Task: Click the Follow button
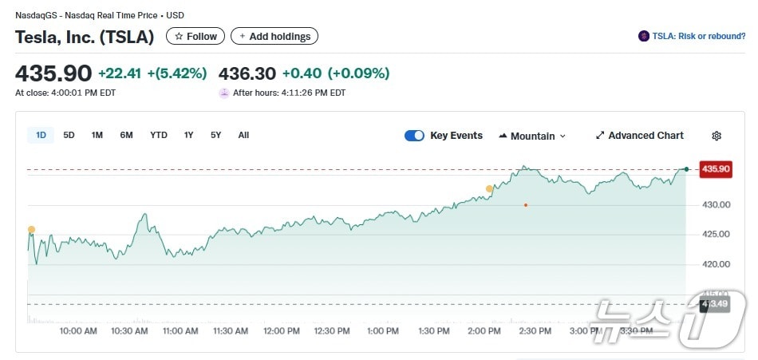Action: (195, 36)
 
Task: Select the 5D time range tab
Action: (69, 135)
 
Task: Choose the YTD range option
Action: (159, 135)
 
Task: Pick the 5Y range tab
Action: (216, 135)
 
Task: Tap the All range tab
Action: (243, 135)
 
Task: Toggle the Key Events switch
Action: (414, 136)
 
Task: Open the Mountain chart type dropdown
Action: (532, 136)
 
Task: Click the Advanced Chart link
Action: (639, 136)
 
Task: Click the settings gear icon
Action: (717, 136)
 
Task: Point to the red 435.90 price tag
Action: (714, 168)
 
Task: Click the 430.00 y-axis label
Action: (717, 204)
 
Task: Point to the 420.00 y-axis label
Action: (717, 264)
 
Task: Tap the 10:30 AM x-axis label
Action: (129, 330)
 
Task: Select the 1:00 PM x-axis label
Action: (382, 330)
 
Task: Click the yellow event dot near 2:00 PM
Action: (489, 189)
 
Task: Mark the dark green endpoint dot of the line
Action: (686, 168)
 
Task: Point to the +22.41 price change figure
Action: (120, 73)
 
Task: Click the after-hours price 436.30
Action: (247, 73)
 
